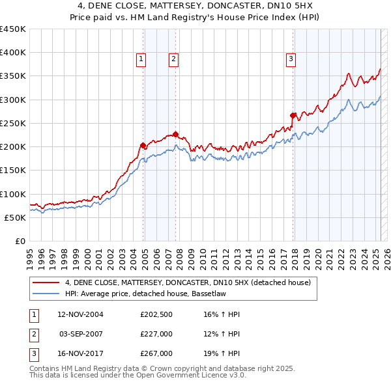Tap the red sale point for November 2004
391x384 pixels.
[x=143, y=145]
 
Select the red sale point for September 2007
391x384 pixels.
[x=175, y=134]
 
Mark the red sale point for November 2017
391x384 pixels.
[x=293, y=115]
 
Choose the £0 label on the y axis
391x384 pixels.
[x=20, y=241]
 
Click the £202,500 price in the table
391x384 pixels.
[x=156, y=314]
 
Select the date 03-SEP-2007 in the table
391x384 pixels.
[x=81, y=334]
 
